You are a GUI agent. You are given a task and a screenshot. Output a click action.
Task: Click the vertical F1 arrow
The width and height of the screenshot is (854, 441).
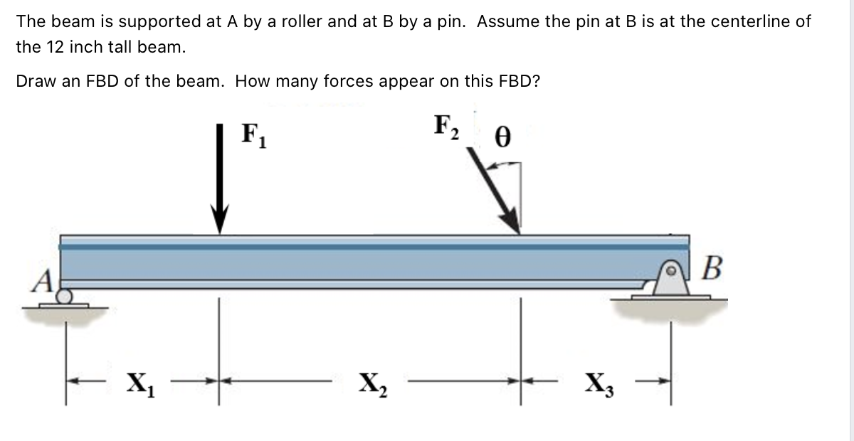(x=222, y=178)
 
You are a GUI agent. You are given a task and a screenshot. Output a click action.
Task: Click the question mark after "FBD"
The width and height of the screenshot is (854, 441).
(x=536, y=80)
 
